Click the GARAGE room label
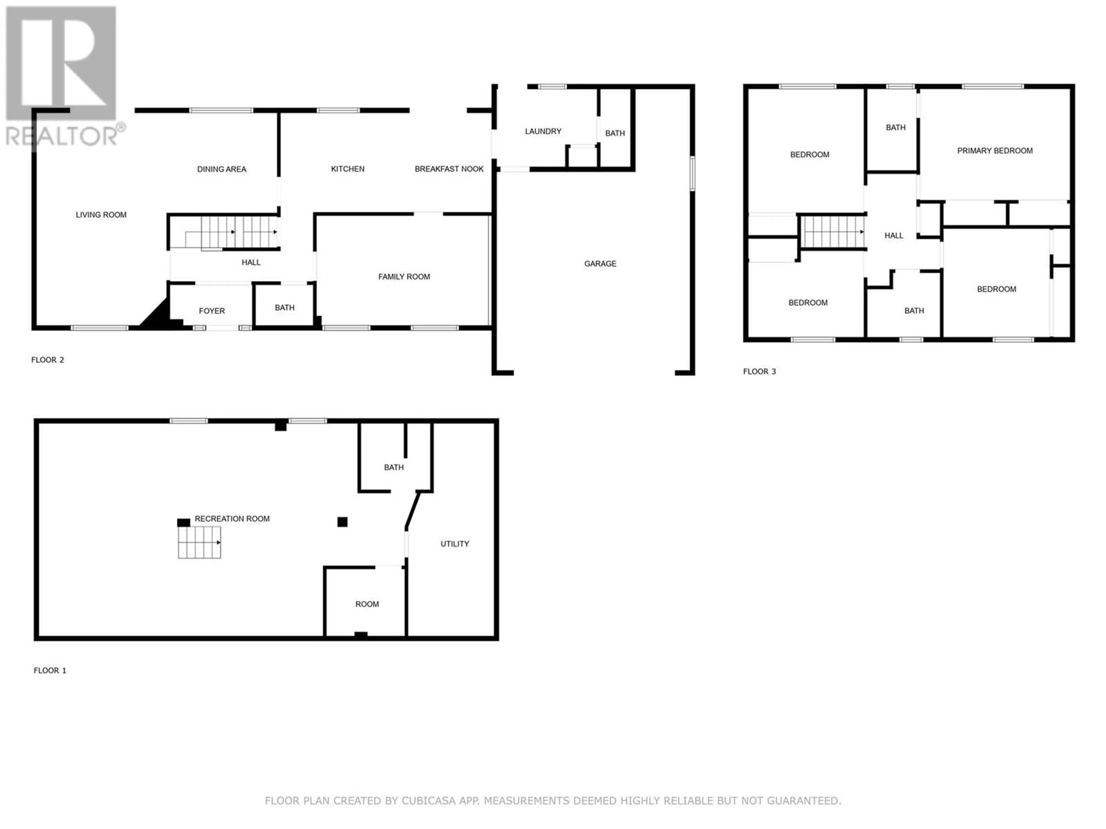click(x=600, y=263)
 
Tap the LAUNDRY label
click(x=543, y=131)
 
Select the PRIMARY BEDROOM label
click(x=995, y=151)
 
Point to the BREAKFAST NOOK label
click(x=449, y=169)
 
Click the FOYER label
click(x=211, y=311)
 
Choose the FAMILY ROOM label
click(x=404, y=276)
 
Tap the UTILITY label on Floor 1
click(x=454, y=544)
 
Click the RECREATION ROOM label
click(x=232, y=519)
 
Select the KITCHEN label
click(x=348, y=169)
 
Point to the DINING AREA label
click(x=221, y=169)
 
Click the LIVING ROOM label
click(x=101, y=215)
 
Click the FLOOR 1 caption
click(x=50, y=670)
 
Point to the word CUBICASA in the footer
click(x=429, y=801)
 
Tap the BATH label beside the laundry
click(x=615, y=133)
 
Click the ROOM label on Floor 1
click(x=367, y=604)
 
